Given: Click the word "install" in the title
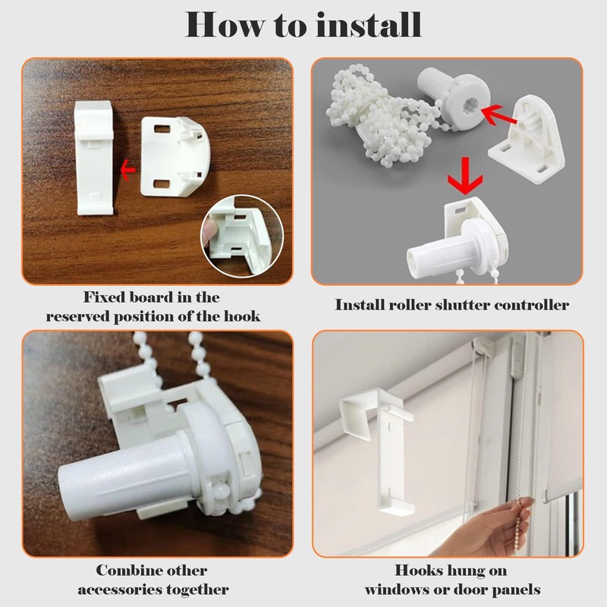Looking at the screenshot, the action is point(369,25).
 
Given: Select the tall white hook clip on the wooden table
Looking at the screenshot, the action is point(94,158).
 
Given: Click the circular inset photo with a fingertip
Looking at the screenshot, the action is point(242,236).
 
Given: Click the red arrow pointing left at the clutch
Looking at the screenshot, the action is point(498,115).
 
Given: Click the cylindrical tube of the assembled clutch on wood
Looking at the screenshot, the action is point(127,476).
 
